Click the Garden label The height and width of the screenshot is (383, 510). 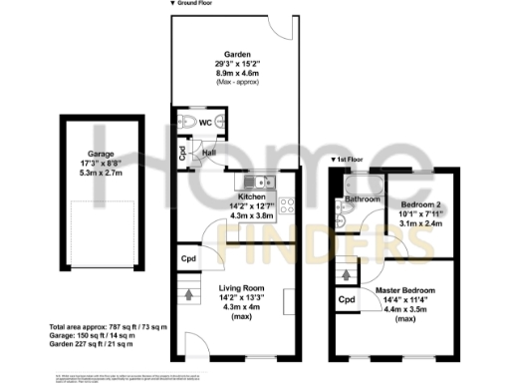tap(236, 53)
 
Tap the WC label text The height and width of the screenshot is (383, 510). tap(204, 122)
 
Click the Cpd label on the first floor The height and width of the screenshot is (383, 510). tap(347, 298)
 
